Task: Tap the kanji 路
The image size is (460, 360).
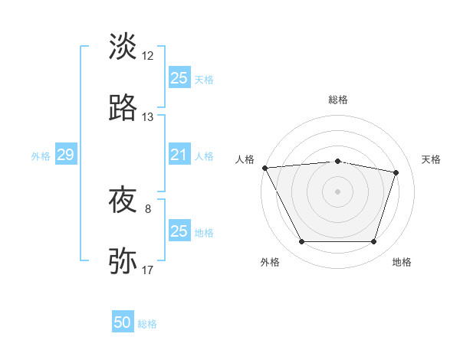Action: click(123, 108)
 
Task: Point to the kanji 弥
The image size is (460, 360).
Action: click(123, 261)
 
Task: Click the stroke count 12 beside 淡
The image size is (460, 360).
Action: click(148, 55)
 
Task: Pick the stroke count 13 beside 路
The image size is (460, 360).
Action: click(148, 117)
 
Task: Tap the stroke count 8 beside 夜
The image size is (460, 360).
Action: click(148, 208)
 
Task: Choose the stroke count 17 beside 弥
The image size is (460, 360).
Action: click(148, 270)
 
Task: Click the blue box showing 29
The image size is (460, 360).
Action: click(65, 155)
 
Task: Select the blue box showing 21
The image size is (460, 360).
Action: click(179, 155)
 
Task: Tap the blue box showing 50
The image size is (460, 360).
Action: click(123, 322)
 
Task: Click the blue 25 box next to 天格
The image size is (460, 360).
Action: click(179, 77)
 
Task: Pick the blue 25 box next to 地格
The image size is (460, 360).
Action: click(179, 231)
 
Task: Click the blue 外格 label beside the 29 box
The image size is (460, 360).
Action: click(41, 156)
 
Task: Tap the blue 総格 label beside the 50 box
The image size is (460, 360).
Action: click(147, 324)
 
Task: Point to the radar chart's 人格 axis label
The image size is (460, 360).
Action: click(245, 159)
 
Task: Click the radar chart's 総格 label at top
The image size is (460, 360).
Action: click(338, 100)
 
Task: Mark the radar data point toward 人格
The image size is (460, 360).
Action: click(265, 168)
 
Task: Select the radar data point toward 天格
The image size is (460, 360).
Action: click(396, 172)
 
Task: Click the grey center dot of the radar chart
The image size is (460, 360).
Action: click(338, 191)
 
